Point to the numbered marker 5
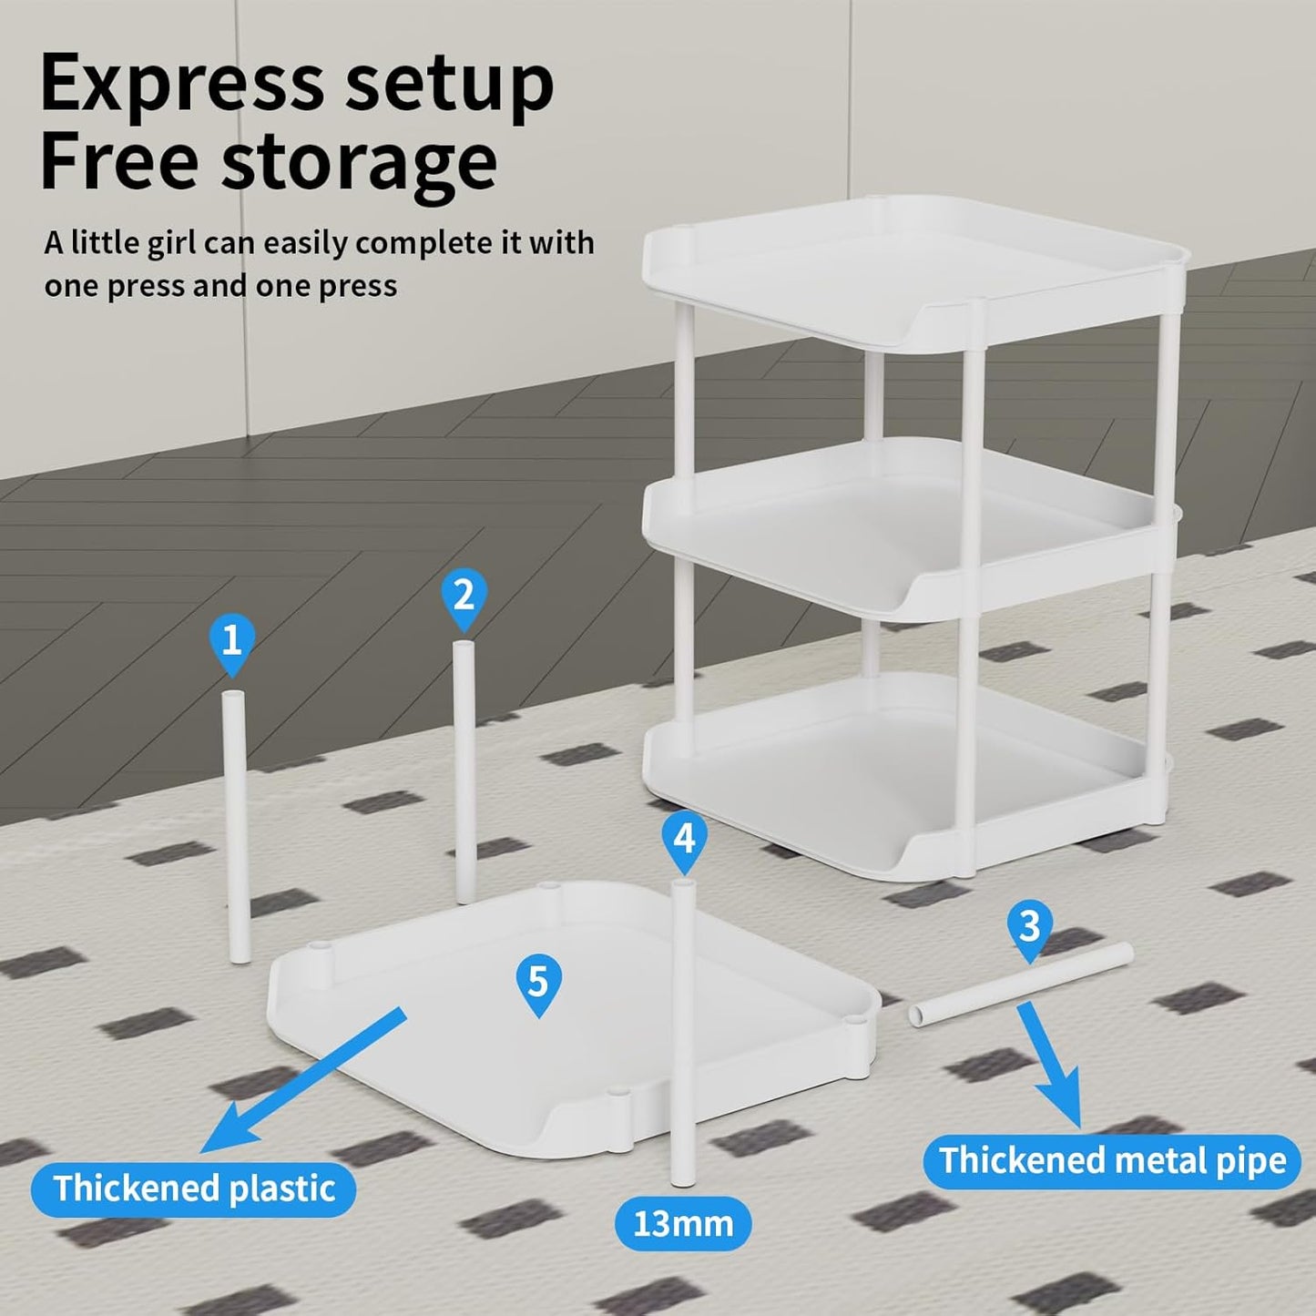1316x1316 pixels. [x=539, y=986]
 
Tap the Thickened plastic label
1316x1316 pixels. [x=194, y=1188]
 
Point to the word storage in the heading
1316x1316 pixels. [x=359, y=162]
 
